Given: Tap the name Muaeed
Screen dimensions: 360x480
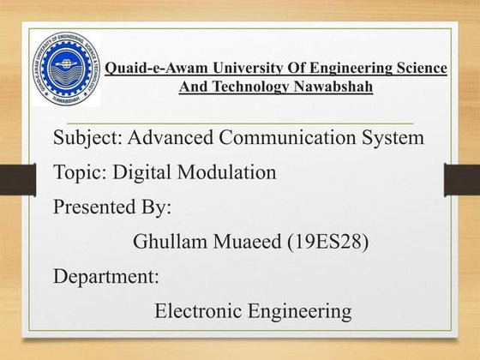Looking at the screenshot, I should tap(243, 243).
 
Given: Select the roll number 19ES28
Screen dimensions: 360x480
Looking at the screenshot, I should tap(328, 243).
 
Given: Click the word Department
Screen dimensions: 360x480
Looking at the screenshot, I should tap(106, 277).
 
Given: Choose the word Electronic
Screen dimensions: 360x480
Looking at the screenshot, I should tap(196, 310).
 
